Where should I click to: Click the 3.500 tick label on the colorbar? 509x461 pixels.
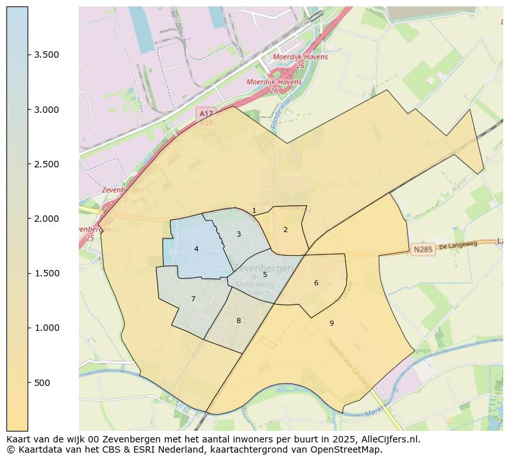click(x=47, y=55)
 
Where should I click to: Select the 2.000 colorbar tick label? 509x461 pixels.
click(x=47, y=219)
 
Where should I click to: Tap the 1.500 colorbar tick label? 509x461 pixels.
click(x=47, y=274)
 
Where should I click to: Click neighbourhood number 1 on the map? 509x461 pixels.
click(x=254, y=210)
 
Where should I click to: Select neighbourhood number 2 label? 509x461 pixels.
click(x=285, y=230)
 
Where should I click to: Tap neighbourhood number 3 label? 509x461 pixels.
click(x=238, y=234)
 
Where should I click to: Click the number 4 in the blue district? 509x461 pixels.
click(x=196, y=249)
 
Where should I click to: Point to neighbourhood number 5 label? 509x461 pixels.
click(x=265, y=274)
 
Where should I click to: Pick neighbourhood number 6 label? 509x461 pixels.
click(x=316, y=283)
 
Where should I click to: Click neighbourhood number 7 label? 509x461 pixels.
click(x=193, y=299)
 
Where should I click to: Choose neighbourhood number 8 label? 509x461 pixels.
click(x=238, y=321)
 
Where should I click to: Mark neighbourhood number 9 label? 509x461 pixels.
click(x=331, y=323)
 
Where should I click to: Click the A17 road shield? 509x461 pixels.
click(x=206, y=113)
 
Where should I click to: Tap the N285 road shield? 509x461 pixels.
click(x=423, y=249)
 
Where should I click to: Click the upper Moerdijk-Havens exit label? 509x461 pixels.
click(x=296, y=56)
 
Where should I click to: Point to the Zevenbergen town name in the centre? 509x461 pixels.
click(x=263, y=267)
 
